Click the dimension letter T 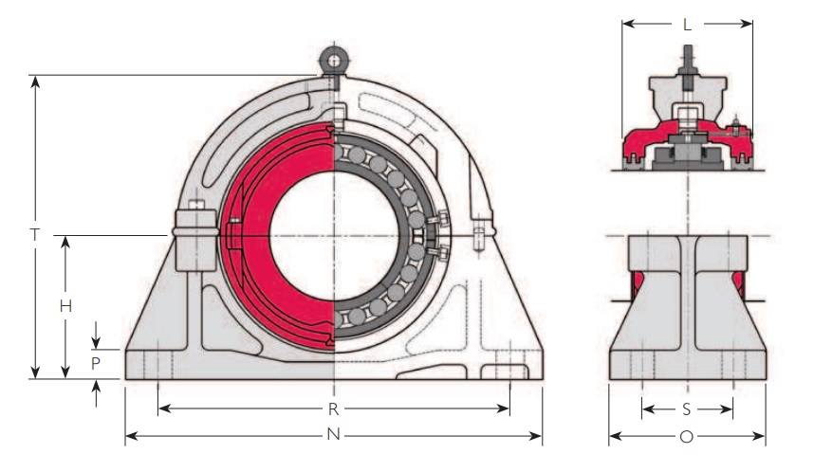click(34, 232)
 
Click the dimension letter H click(65, 305)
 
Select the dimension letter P click(96, 363)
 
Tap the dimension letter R click(334, 409)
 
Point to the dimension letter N click(334, 437)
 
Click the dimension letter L click(687, 25)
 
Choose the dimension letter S click(687, 409)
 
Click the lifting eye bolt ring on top click(333, 60)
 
